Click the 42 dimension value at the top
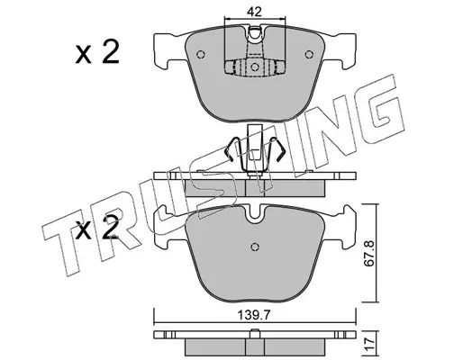[254, 12]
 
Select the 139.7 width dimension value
[254, 315]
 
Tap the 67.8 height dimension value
[369, 253]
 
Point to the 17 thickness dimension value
[369, 342]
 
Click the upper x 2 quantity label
[97, 52]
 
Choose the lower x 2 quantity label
[97, 228]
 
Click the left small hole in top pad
[201, 54]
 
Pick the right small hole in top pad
[309, 54]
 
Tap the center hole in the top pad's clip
[255, 67]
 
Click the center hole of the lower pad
[255, 247]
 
